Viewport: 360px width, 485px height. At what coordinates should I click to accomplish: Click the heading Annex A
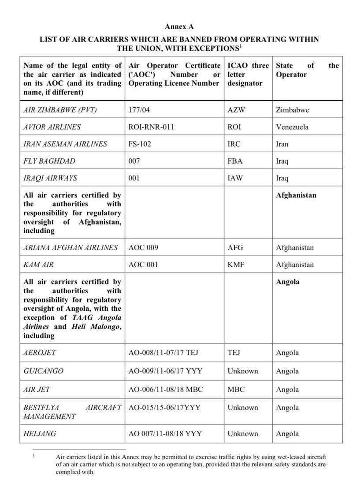[x=179, y=27]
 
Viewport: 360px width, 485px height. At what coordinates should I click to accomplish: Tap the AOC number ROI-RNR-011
[x=151, y=127]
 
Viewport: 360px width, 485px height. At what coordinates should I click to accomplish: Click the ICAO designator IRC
[x=234, y=144]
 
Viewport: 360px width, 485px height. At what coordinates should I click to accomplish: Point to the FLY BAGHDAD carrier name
[x=49, y=161]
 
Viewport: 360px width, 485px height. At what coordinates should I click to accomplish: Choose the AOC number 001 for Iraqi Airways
[x=134, y=178]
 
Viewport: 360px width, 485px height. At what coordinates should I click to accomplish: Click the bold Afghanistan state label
[x=296, y=195]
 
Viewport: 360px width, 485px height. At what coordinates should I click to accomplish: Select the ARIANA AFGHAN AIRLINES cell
[x=71, y=247]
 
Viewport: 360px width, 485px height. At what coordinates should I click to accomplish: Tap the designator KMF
[x=236, y=265]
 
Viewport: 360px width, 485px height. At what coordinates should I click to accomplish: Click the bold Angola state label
[x=288, y=282]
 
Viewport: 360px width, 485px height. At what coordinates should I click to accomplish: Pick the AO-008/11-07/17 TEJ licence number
[x=163, y=352]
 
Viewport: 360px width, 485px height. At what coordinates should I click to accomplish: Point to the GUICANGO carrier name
[x=43, y=371]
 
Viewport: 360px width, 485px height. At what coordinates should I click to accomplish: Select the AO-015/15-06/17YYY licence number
[x=164, y=407]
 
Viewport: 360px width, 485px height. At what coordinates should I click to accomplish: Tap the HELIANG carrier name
[x=40, y=433]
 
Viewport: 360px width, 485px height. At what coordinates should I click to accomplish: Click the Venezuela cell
[x=292, y=127]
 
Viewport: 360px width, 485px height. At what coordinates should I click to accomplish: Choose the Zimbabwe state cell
[x=293, y=110]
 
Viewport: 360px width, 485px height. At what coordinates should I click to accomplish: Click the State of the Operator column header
[x=307, y=70]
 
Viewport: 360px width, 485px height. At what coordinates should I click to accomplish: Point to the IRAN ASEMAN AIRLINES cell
[x=65, y=144]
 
